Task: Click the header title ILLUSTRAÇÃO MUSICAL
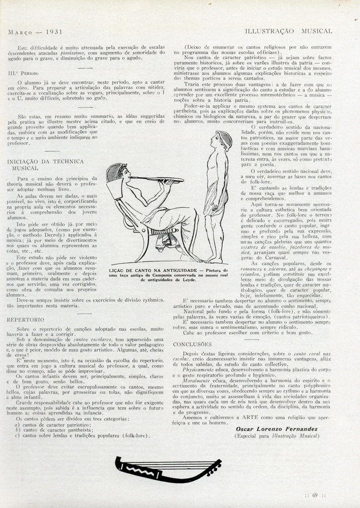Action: pyautogui.click(x=288, y=31)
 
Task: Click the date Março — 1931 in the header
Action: pyautogui.click(x=35, y=31)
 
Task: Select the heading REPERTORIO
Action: pyautogui.click(x=25, y=321)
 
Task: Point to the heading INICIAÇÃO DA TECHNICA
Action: pyautogui.click(x=45, y=161)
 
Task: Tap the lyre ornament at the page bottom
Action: pyautogui.click(x=168, y=468)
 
